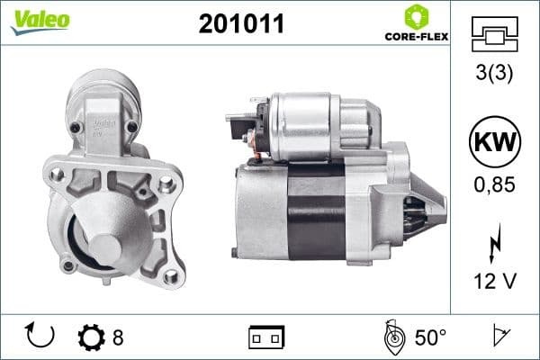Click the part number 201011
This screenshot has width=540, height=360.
(241, 25)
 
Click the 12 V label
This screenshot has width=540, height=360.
(494, 282)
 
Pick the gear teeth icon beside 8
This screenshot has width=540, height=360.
(91, 337)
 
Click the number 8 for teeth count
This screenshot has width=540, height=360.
(118, 337)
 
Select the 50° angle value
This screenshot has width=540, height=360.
(429, 337)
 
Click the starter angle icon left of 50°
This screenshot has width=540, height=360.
(391, 337)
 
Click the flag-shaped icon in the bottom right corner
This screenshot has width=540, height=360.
(499, 337)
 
